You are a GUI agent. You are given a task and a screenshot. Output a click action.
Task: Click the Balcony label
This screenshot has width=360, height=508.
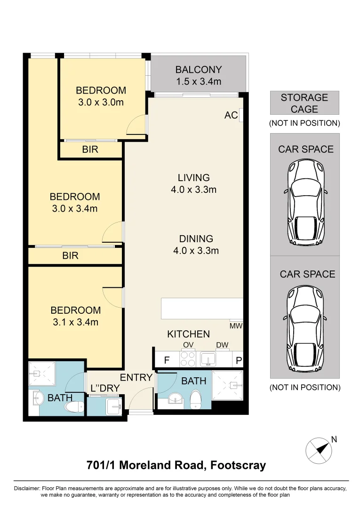[x=199, y=70]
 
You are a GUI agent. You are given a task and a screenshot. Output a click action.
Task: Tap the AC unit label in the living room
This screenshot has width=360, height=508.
[x=231, y=115]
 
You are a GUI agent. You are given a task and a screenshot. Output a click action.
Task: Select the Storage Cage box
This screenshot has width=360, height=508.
[x=304, y=103]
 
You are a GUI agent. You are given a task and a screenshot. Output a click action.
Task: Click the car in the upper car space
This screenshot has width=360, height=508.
[x=305, y=202]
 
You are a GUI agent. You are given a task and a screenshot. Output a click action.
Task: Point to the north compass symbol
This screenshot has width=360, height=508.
[x=319, y=450]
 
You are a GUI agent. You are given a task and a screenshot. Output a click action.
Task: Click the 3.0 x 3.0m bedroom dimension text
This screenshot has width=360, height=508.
[x=101, y=103]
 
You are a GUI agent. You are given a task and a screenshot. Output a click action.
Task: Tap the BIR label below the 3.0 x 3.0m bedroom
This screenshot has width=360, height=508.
[x=90, y=150]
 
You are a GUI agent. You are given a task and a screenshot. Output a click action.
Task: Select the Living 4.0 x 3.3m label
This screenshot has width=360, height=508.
[x=194, y=183]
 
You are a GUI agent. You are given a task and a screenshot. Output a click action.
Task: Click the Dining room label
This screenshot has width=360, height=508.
[x=196, y=239]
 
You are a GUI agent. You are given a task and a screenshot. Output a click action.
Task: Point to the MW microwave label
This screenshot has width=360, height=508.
[x=236, y=326]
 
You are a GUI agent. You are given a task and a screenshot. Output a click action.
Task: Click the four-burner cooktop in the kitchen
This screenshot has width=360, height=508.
[x=188, y=359]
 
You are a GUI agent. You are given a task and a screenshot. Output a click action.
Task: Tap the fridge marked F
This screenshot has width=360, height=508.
[x=167, y=360]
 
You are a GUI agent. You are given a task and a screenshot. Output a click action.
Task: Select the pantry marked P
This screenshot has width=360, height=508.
[x=239, y=360]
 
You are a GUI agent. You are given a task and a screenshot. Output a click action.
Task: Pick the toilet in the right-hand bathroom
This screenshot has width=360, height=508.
[x=196, y=399]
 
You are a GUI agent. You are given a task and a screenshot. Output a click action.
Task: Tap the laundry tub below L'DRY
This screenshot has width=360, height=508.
[x=114, y=405]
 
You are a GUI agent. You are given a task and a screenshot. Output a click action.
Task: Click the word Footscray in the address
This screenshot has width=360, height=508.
[x=238, y=465]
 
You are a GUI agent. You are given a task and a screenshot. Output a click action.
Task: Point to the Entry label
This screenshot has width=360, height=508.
[x=136, y=377]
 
